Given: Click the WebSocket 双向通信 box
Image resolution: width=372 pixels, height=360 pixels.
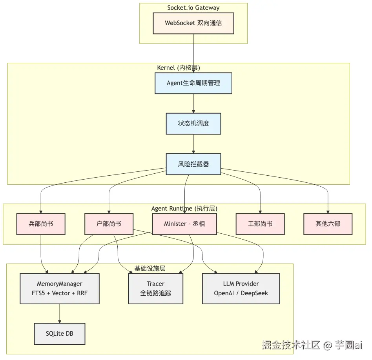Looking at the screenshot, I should pos(193,23).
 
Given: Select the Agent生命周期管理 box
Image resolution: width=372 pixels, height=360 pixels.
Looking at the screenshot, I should pos(193,83).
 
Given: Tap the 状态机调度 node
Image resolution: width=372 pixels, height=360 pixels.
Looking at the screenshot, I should pos(193,124).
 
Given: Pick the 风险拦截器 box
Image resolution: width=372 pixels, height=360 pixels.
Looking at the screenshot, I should pos(193,164).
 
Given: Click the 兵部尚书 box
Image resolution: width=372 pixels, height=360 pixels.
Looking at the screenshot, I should pos(41,224).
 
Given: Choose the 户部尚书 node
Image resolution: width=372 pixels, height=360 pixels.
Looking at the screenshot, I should pos(109,224).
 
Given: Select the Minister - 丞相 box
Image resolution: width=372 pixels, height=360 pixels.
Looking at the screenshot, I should pos(184,224).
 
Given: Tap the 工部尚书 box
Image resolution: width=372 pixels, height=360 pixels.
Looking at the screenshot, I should pos(260,224).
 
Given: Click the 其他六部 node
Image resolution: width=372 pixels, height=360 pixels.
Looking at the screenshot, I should pos(328,224).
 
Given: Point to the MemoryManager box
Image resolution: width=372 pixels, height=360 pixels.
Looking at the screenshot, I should pos(60,288).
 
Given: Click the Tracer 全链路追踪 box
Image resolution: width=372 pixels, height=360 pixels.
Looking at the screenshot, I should pos(156,288).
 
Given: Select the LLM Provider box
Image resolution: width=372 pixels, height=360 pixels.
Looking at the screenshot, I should pos(241,288).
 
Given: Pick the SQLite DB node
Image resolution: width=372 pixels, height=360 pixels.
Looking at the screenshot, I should pos(60,334).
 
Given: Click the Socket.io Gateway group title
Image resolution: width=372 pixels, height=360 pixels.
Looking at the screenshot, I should pos(193,8).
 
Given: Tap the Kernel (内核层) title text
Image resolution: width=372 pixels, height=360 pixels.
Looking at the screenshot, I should pos(179,68).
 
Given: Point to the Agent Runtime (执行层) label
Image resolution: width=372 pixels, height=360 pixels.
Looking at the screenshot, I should pos(184,208).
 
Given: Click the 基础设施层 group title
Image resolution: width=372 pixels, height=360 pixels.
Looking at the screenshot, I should pos(150,268).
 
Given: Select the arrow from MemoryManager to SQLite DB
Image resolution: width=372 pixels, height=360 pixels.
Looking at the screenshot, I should pos(60,313).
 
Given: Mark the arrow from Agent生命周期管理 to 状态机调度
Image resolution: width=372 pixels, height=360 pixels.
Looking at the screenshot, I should pos(193,104).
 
